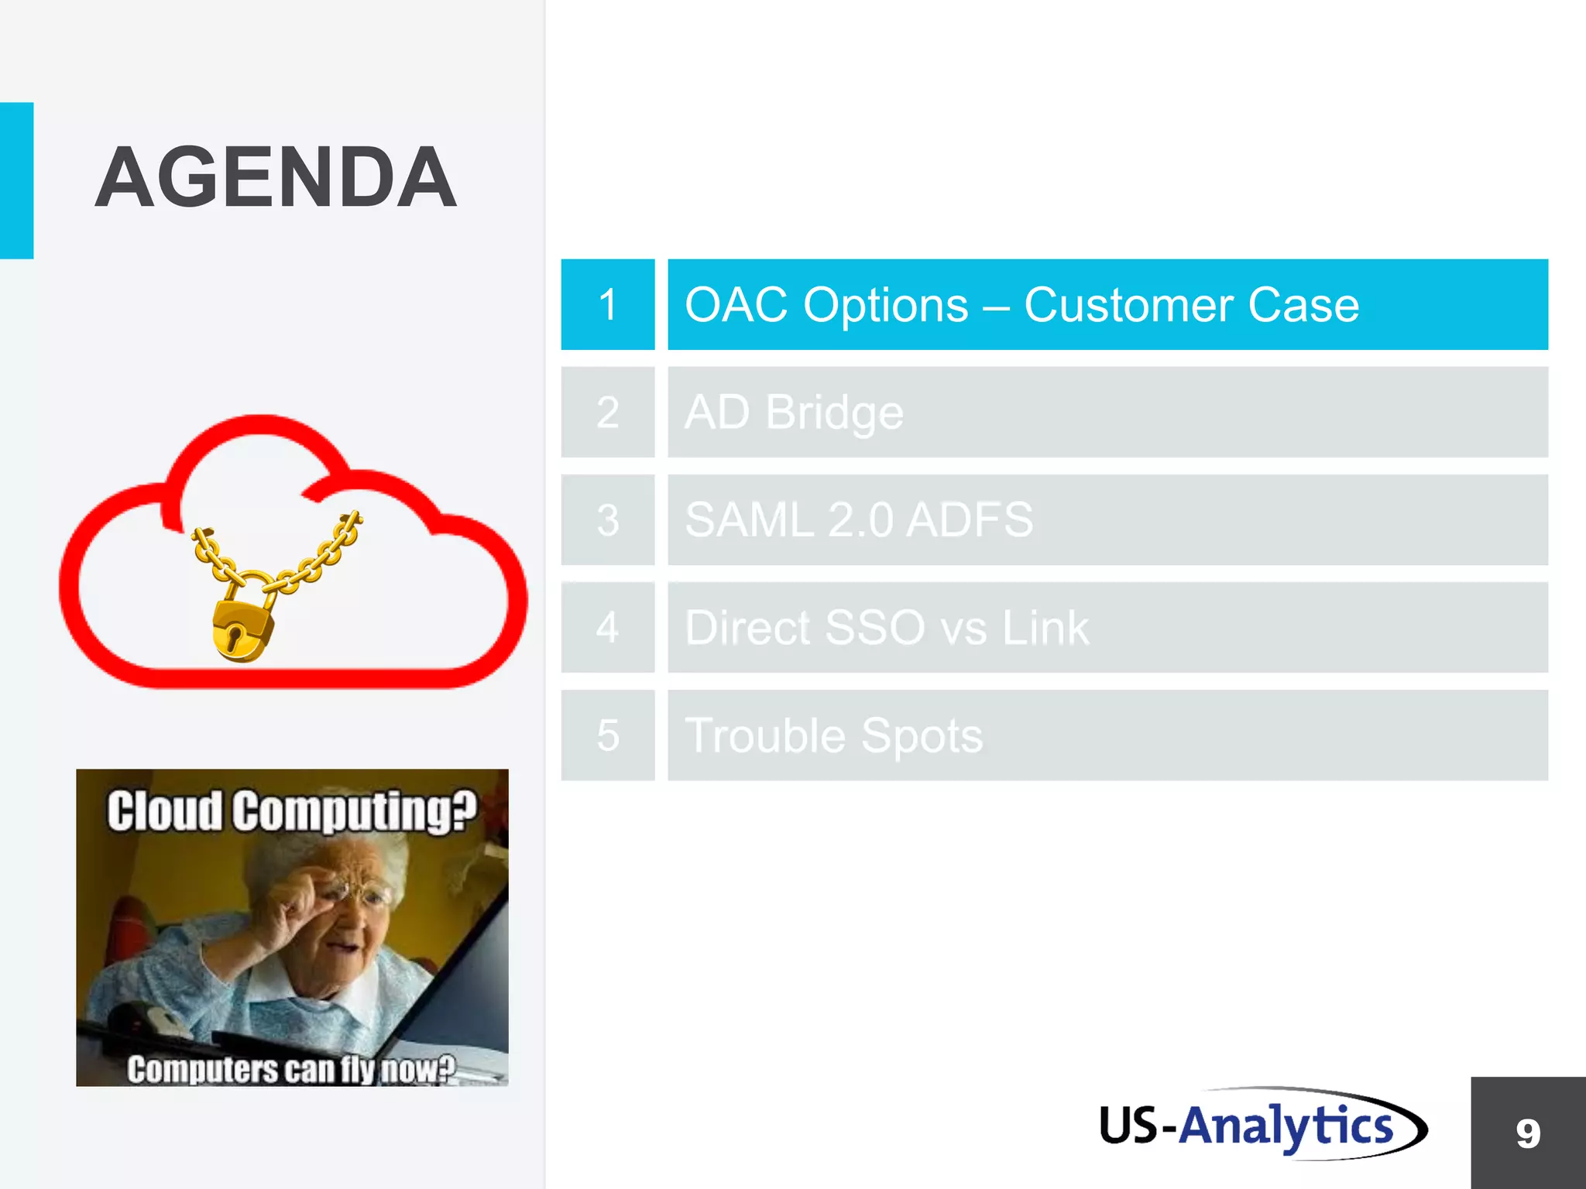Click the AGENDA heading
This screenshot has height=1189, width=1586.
(276, 178)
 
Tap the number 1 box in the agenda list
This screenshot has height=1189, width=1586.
(608, 304)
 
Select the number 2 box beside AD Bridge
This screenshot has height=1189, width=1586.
(608, 412)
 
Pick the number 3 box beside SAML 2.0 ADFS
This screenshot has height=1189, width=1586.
(608, 519)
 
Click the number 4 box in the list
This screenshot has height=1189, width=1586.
(608, 627)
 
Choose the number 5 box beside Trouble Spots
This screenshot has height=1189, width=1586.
(608, 735)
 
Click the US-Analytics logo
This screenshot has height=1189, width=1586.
(1262, 1125)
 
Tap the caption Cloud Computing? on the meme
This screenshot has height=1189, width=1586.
(291, 810)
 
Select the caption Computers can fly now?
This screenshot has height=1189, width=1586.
(291, 1069)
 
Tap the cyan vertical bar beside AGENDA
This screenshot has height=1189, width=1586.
(16, 180)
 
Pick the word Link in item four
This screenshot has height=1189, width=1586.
(1045, 627)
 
